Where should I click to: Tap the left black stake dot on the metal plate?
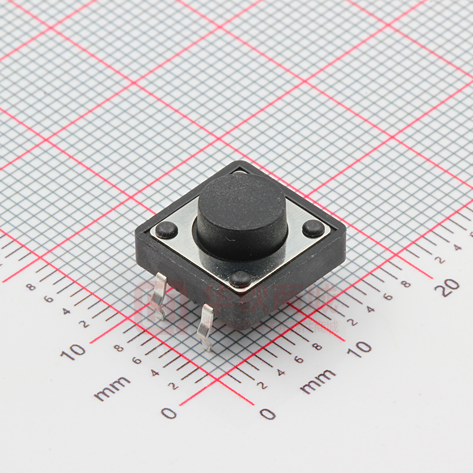point(166,231)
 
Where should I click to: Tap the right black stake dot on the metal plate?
point(313,228)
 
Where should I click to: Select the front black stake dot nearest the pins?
point(240,279)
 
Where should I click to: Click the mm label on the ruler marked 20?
point(318,381)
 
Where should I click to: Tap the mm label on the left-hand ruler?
point(112,388)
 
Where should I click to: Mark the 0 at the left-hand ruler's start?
point(169,412)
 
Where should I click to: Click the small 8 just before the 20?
point(406,284)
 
